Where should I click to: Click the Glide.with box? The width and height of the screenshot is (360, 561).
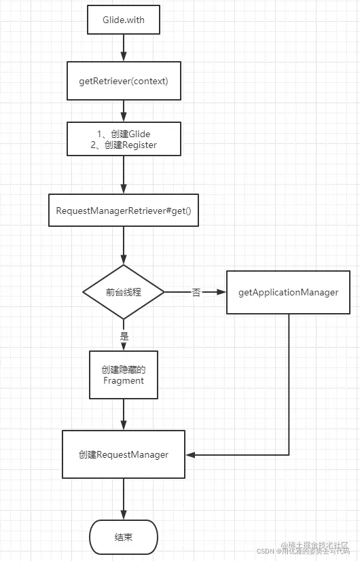(x=123, y=20)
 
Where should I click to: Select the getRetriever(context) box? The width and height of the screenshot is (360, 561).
(x=123, y=81)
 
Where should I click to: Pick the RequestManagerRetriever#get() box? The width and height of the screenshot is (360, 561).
(x=123, y=211)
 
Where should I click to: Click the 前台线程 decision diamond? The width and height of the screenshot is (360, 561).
(x=123, y=292)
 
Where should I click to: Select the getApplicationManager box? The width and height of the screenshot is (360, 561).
(x=288, y=292)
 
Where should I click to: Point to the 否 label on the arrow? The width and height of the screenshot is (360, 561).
(x=196, y=292)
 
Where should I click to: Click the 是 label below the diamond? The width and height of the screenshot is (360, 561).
(x=124, y=336)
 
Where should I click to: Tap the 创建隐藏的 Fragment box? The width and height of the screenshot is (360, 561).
(x=123, y=374)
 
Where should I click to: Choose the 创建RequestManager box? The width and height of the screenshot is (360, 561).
(x=123, y=454)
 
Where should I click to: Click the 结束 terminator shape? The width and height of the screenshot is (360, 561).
(x=123, y=537)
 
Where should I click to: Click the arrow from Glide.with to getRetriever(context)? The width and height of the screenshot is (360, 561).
(x=123, y=48)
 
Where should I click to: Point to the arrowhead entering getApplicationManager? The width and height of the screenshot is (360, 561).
(x=221, y=292)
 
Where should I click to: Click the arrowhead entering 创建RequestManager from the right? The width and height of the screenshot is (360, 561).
(x=190, y=454)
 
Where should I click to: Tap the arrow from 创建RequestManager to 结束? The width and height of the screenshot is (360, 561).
(x=123, y=499)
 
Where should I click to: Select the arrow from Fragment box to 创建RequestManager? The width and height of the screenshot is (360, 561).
(x=123, y=414)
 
